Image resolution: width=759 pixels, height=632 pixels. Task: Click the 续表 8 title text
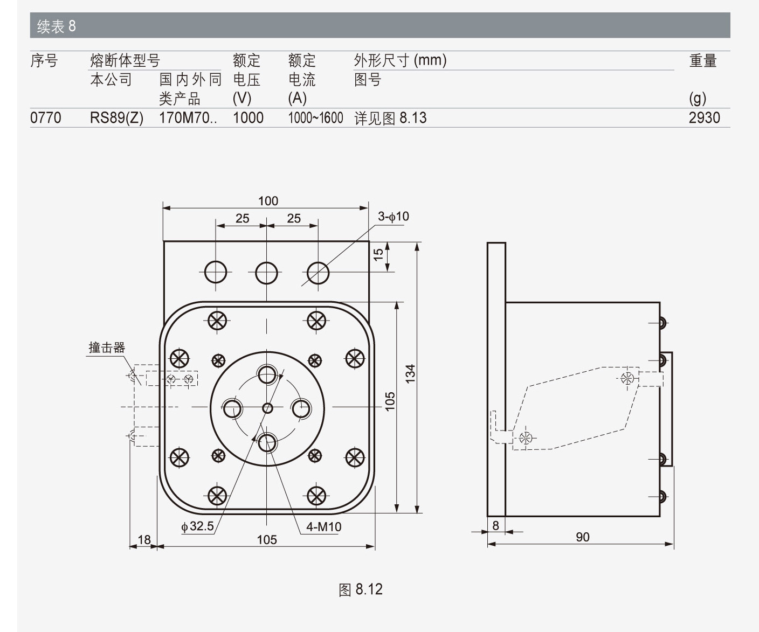pyautogui.click(x=56, y=26)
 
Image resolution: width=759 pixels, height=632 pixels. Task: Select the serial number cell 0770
pyautogui.click(x=46, y=117)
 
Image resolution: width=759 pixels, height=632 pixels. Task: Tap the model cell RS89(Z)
pyautogui.click(x=116, y=117)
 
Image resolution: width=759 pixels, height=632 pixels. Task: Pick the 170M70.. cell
pyautogui.click(x=188, y=117)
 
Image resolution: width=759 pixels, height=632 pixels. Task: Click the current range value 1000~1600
pyautogui.click(x=315, y=117)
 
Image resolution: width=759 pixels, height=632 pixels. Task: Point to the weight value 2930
pyautogui.click(x=704, y=117)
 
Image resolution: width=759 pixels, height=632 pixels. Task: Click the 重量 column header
pyautogui.click(x=703, y=61)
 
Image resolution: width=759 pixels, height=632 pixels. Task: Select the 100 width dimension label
pyautogui.click(x=268, y=201)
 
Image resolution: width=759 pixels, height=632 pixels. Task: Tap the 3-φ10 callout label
pyautogui.click(x=393, y=217)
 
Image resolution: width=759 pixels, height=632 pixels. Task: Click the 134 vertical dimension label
pyautogui.click(x=411, y=374)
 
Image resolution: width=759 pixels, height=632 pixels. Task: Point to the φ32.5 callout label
pyautogui.click(x=197, y=526)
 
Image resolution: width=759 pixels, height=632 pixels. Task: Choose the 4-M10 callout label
pyautogui.click(x=323, y=527)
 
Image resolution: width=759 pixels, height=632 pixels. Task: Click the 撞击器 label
pyautogui.click(x=107, y=348)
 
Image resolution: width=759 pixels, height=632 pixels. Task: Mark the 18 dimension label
pyautogui.click(x=144, y=539)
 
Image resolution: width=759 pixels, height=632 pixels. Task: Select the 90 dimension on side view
pyautogui.click(x=582, y=537)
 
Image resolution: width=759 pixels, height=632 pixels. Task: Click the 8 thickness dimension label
pyautogui.click(x=495, y=525)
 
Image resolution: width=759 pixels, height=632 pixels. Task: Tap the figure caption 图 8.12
pyautogui.click(x=361, y=589)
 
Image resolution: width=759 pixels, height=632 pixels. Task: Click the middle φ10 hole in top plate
pyautogui.click(x=266, y=273)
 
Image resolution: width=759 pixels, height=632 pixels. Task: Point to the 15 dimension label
pyautogui.click(x=378, y=253)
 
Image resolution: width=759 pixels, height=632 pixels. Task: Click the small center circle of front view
pyautogui.click(x=267, y=408)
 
